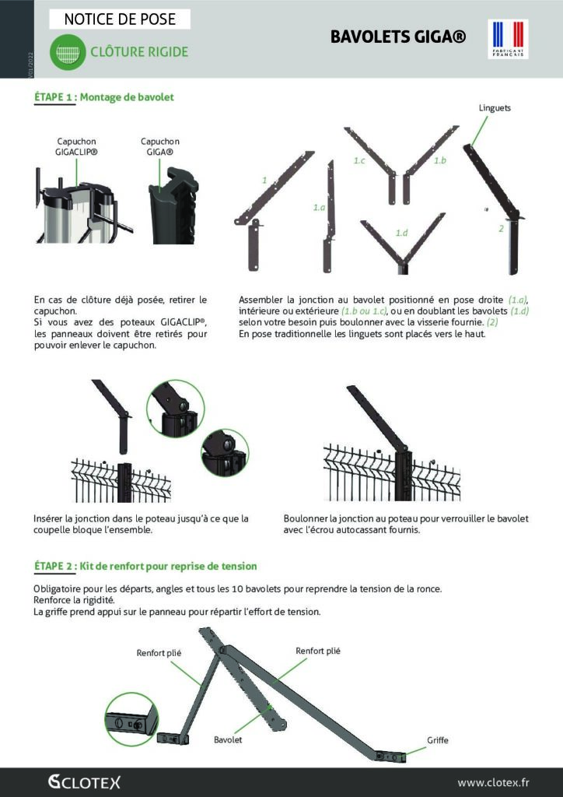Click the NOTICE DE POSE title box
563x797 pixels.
(x=120, y=19)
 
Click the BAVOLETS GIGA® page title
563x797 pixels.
(x=398, y=37)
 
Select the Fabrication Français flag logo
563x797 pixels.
(x=508, y=39)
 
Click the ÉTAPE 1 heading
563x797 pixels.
(x=104, y=97)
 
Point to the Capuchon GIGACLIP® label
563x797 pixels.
(x=77, y=147)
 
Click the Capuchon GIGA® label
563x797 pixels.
(x=159, y=147)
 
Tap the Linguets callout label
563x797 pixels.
(x=495, y=108)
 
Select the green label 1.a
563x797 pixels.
(x=319, y=208)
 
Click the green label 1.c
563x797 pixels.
(x=359, y=160)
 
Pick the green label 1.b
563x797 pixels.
(x=439, y=160)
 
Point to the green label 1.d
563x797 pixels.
(x=401, y=233)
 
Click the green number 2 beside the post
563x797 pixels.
(x=502, y=229)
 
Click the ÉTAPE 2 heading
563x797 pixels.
(x=145, y=566)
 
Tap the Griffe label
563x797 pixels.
(x=438, y=739)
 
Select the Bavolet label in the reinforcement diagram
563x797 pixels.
(x=228, y=739)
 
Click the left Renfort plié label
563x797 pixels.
(x=159, y=654)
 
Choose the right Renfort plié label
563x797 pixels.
(x=317, y=650)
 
